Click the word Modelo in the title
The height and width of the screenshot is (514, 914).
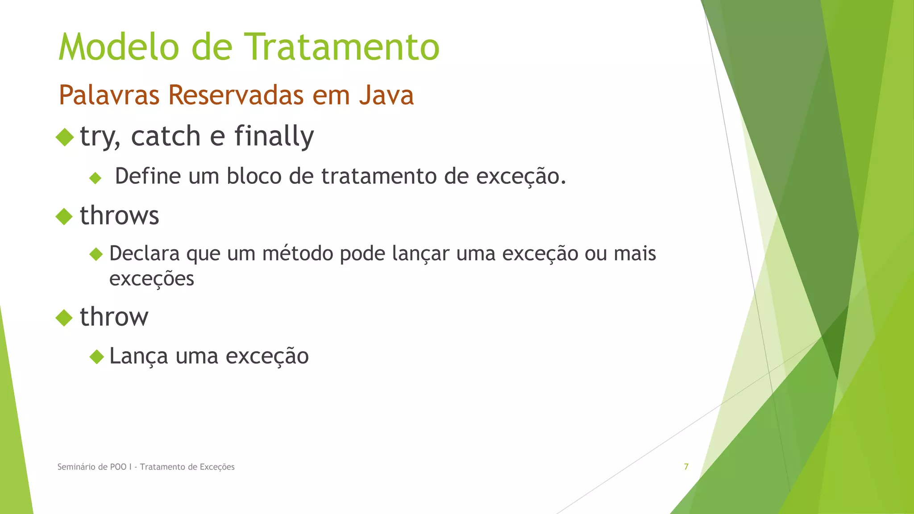(119, 47)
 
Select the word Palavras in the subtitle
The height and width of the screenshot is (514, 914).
(109, 95)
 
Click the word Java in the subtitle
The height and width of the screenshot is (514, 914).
(386, 95)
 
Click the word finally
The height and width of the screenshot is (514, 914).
(274, 136)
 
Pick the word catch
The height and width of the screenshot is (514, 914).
(166, 136)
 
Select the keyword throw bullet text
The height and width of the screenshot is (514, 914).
(114, 317)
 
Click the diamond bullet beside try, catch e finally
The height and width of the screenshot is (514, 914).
(65, 137)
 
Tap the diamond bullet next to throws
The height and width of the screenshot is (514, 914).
(64, 217)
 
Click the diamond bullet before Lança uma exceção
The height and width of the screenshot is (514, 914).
(96, 357)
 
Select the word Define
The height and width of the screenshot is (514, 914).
(148, 176)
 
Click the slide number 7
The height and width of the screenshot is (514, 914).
(686, 467)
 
